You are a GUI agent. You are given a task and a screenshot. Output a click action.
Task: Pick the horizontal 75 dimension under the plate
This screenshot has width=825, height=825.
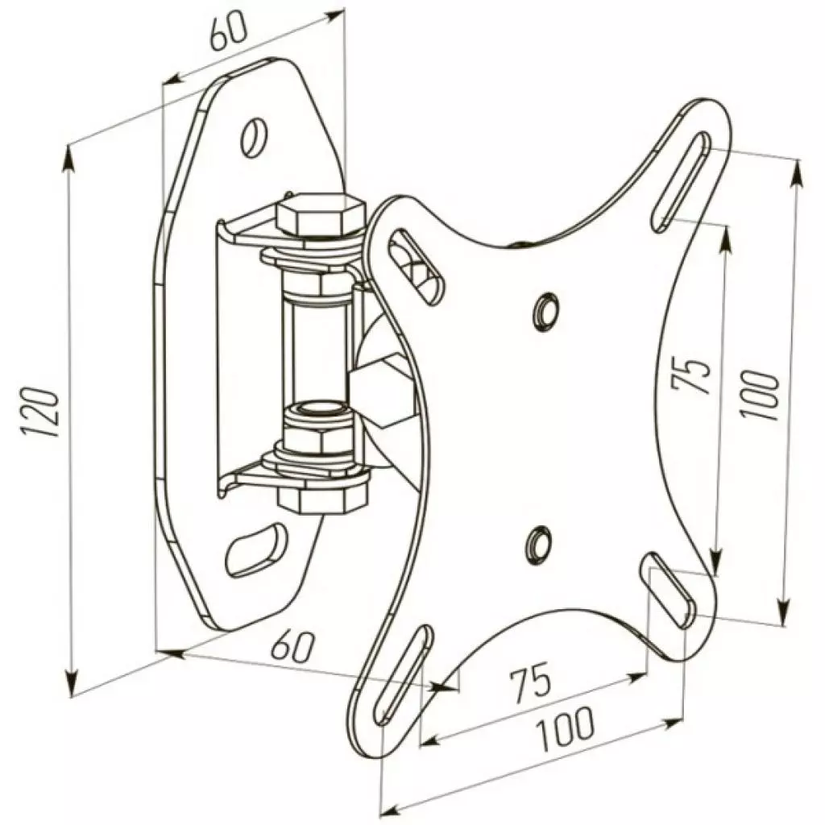click(x=529, y=681)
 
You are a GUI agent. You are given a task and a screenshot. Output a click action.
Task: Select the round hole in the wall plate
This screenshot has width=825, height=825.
click(x=255, y=137)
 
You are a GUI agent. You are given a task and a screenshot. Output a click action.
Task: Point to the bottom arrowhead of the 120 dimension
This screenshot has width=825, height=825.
click(x=73, y=685)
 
